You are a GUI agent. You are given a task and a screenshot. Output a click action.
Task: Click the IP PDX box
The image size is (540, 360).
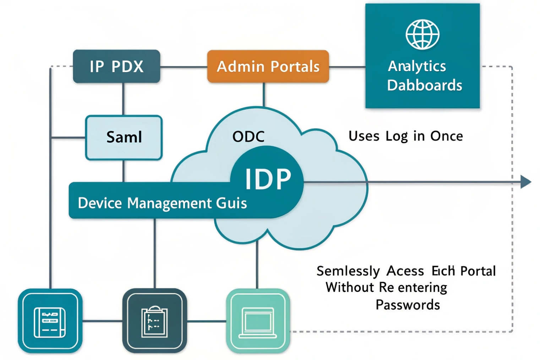tap(116, 66)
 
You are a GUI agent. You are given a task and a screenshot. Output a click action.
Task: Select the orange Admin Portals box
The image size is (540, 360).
tap(268, 66)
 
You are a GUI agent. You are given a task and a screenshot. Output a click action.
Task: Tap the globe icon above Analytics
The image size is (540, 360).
tap(422, 34)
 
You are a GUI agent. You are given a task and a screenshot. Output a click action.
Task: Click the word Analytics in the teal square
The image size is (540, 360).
tap(417, 66)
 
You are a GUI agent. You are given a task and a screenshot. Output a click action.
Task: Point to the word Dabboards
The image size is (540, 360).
tap(424, 86)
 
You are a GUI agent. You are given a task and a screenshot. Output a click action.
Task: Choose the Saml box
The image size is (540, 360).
tap(124, 137)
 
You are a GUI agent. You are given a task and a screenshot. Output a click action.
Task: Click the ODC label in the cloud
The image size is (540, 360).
tap(248, 137)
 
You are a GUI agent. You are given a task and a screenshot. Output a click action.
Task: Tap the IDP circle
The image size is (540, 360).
tap(268, 179)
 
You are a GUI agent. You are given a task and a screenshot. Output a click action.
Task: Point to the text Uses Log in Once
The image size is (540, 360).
tap(405, 136)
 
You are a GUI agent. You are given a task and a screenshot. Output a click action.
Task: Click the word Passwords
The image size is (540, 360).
tap(408, 305)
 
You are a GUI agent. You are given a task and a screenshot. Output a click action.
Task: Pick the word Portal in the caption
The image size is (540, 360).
tap(478, 271)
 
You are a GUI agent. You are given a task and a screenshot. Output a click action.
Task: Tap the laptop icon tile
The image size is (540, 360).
tap(258, 321)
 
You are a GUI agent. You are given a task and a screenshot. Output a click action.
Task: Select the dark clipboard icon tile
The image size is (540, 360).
tap(154, 321)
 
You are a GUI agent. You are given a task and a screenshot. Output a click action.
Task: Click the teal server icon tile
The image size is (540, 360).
tap(50, 321)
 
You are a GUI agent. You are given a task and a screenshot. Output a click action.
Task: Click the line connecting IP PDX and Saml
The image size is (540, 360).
tap(123, 99)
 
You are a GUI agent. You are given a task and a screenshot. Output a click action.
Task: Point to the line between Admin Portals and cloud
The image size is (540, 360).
tap(264, 94)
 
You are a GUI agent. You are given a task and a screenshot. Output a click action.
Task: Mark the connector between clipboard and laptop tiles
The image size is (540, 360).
tap(207, 321)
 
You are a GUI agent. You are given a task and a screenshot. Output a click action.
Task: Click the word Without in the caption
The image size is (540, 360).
tap(350, 288)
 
